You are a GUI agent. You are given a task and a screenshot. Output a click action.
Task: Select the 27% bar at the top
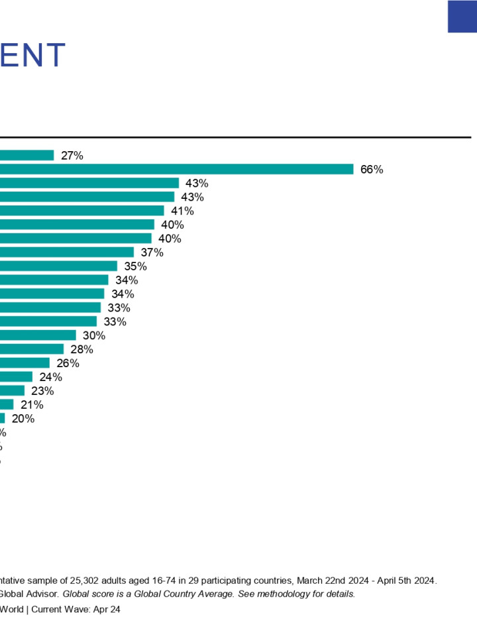26,155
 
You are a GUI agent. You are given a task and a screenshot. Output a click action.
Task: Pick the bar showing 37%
67,253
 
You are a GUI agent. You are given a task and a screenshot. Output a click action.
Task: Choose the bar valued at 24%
16,377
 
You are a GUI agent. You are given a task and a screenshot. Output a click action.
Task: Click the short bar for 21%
7,404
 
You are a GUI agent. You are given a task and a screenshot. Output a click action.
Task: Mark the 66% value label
372,169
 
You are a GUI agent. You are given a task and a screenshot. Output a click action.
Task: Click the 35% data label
135,266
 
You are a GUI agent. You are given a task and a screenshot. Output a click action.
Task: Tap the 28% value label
81,349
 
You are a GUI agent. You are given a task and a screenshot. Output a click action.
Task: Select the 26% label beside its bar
68,363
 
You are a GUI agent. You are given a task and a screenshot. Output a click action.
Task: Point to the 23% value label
42,391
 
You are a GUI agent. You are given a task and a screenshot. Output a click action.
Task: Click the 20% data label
23,419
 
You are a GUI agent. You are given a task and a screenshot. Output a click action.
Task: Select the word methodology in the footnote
281,594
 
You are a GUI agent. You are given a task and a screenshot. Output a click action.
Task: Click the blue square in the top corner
462,16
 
